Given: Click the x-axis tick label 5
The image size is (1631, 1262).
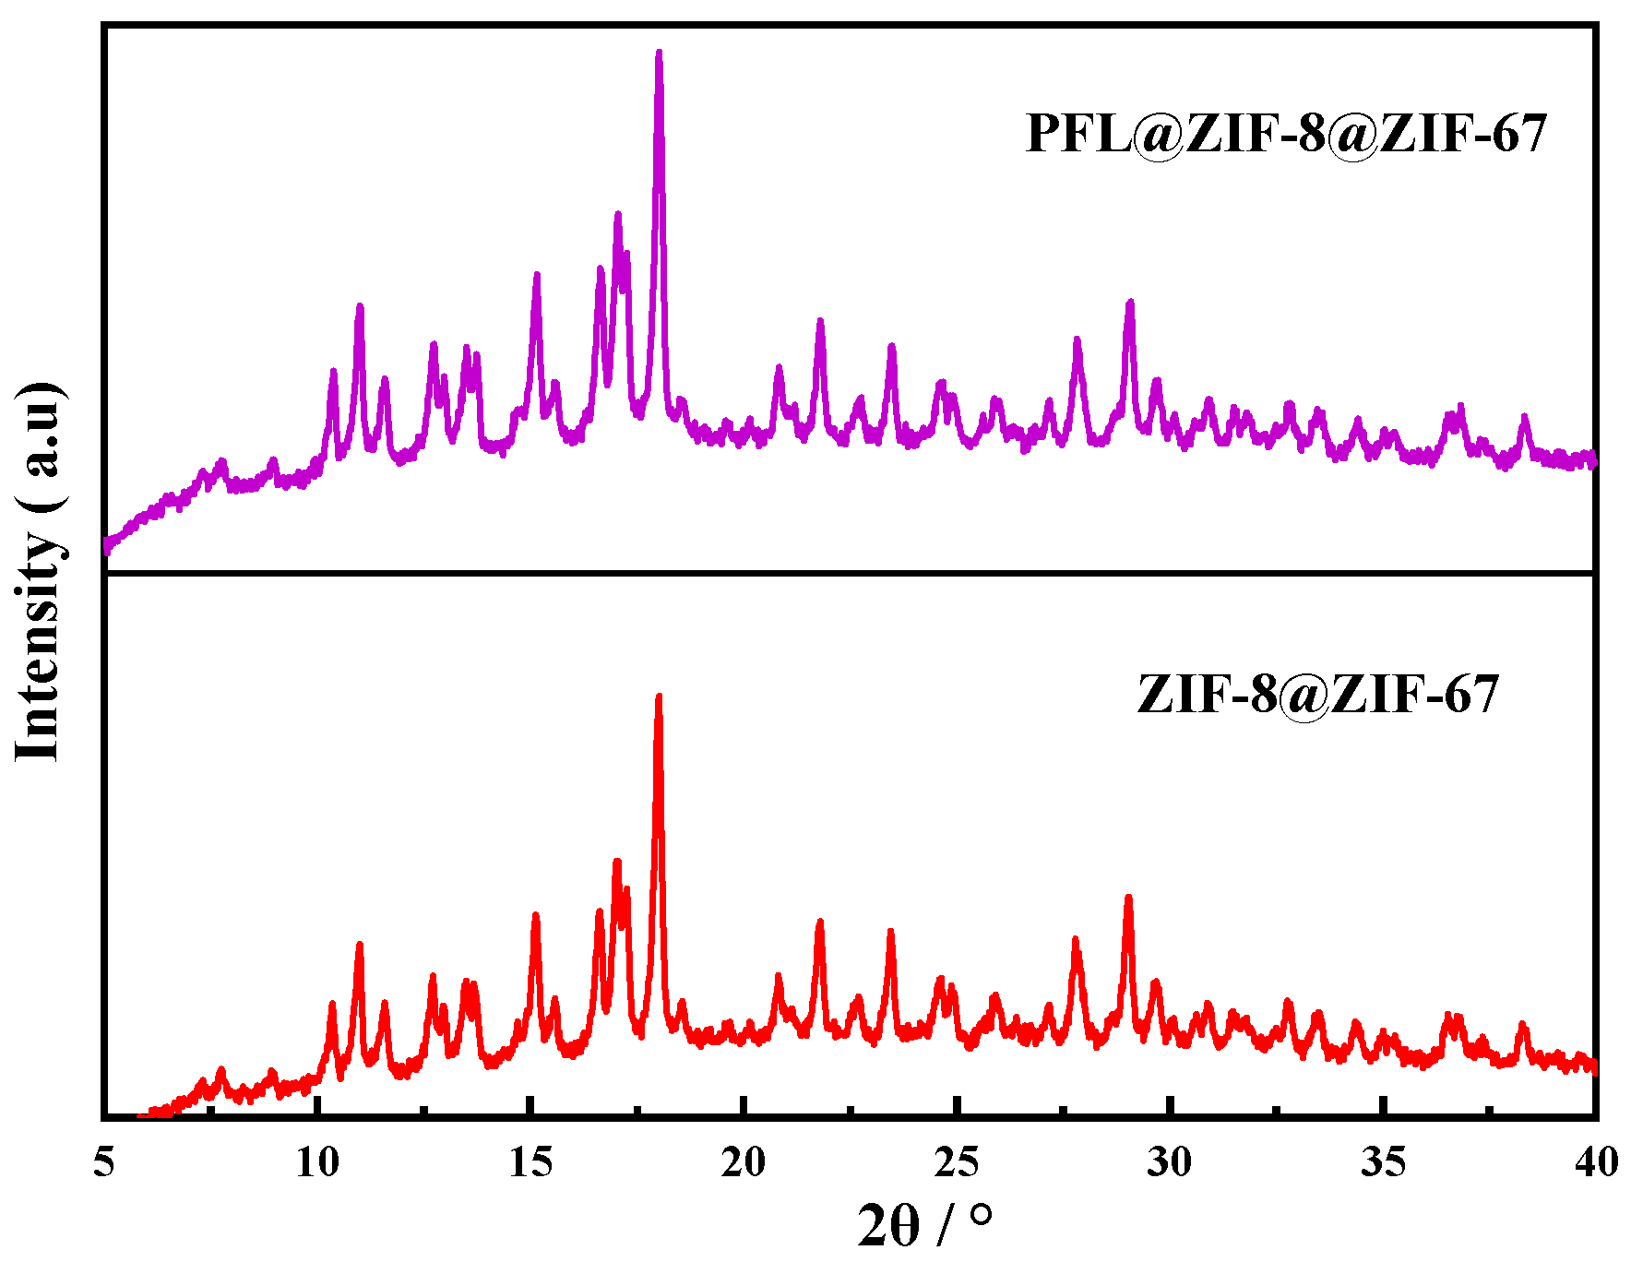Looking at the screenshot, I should (x=104, y=1162).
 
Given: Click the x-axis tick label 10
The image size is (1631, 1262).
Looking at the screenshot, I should (x=317, y=1162).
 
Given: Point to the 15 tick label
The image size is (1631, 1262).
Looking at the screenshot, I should (x=530, y=1162).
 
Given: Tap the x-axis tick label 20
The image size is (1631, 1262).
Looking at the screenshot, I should (x=744, y=1162).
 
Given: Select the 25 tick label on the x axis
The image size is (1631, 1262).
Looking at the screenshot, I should (x=957, y=1162).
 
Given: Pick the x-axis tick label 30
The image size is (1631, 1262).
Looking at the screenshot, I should (x=1170, y=1162).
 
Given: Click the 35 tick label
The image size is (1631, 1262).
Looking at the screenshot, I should (x=1383, y=1162).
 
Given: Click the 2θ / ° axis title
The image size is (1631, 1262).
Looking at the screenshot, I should (x=925, y=1225).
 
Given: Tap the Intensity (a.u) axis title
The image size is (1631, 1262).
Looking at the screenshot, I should (x=39, y=570).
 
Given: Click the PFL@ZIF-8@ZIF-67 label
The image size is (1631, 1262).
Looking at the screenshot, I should (x=1285, y=134).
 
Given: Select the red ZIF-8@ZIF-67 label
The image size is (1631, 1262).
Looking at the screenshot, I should (x=1317, y=694).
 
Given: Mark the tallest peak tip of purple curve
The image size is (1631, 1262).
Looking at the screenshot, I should (x=659, y=53).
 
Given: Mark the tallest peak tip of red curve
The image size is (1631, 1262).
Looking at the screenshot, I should (x=659, y=696).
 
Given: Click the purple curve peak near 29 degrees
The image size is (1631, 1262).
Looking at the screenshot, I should (x=1130, y=303).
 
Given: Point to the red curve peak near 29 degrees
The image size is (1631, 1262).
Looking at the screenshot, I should (x=1128, y=897).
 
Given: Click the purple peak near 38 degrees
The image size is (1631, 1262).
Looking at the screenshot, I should (x=1524, y=417).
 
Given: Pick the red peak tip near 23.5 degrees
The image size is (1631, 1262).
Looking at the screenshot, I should (x=890, y=931).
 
